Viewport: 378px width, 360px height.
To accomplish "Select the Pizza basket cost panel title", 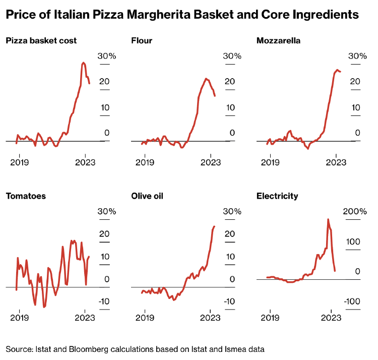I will (x=41, y=40).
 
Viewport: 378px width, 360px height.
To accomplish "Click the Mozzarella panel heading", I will (x=278, y=40).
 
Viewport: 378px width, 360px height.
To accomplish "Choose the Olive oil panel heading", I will (x=147, y=196).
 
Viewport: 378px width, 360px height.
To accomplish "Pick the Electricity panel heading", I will (x=277, y=196).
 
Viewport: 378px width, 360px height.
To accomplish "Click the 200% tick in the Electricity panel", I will (x=355, y=211).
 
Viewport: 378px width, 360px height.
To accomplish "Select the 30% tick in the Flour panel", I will (x=232, y=55).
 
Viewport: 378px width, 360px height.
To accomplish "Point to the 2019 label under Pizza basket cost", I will (x=19, y=162).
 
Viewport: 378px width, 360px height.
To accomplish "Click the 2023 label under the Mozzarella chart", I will (x=336, y=162).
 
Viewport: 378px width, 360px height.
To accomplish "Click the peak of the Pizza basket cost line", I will (x=83, y=63).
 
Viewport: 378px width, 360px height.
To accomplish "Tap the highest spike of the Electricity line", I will (x=328, y=219).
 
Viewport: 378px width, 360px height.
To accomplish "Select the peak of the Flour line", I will (x=206, y=79).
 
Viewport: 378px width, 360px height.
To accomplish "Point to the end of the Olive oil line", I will (x=214, y=226).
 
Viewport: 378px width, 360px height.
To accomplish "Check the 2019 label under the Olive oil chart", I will (x=145, y=318).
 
